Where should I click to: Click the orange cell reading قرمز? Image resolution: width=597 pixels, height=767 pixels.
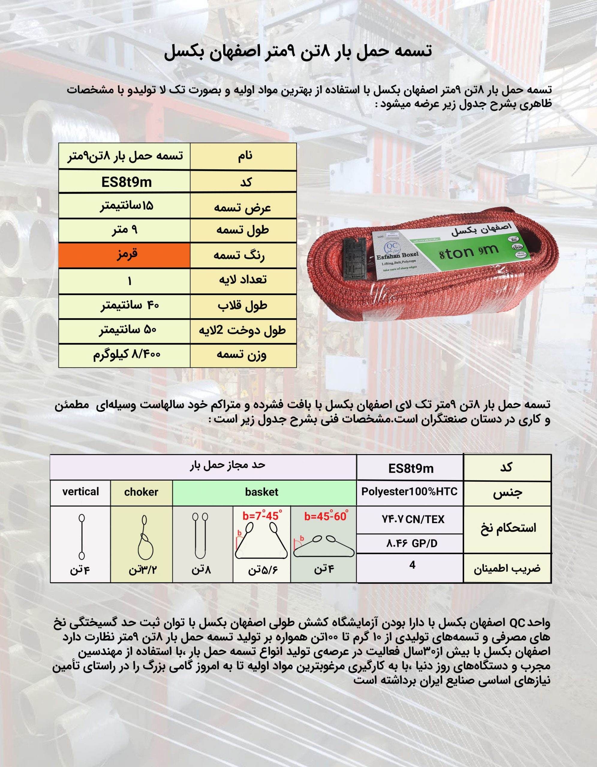point(124,255)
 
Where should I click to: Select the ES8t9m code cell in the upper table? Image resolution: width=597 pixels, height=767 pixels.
point(124,182)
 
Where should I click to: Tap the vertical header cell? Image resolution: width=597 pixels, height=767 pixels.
point(80,492)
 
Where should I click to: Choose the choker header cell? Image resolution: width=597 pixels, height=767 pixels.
point(141,492)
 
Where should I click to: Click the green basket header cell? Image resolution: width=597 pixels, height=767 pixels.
point(262,492)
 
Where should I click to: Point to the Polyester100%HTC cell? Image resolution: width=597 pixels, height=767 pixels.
point(409,492)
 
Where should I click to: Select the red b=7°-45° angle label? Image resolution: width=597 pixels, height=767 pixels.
point(262,516)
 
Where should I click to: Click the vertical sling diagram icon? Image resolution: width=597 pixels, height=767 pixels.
point(82,537)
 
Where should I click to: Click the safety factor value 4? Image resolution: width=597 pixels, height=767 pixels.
point(412,565)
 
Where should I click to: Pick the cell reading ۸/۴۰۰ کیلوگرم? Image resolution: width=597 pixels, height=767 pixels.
point(127,355)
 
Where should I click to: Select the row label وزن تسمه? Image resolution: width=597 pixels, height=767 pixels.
point(242,355)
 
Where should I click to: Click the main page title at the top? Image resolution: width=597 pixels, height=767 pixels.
point(298,52)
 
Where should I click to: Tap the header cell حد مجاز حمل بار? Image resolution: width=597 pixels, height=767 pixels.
point(228,465)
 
